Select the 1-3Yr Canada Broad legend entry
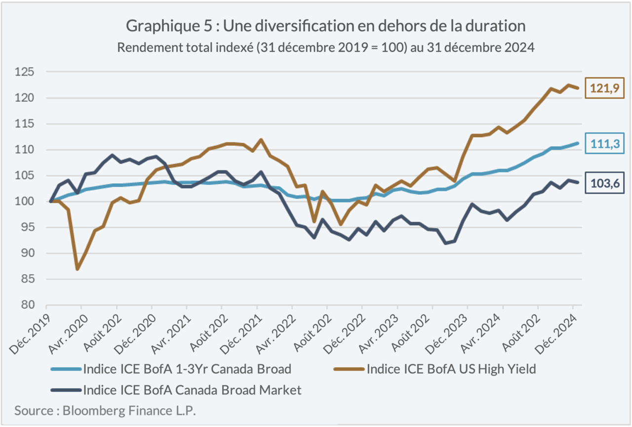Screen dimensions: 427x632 pyautogui.click(x=187, y=369)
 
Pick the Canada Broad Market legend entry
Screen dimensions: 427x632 pyautogui.click(x=192, y=389)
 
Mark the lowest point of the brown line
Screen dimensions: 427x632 pyautogui.click(x=78, y=269)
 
